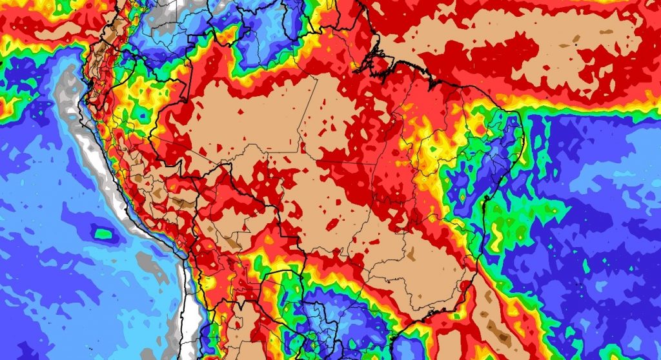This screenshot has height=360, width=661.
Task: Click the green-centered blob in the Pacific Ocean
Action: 102,231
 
